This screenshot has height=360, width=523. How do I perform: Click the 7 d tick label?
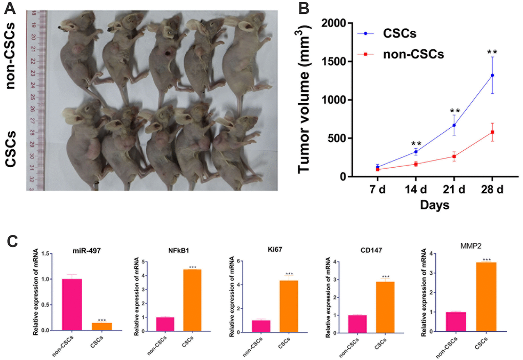377,190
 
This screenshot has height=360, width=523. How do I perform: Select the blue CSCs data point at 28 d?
492,75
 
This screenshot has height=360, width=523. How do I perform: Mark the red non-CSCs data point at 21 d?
454,156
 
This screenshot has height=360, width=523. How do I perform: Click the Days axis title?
435,206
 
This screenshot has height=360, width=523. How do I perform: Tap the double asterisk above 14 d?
416,144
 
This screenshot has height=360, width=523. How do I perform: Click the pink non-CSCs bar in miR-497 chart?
71,305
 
